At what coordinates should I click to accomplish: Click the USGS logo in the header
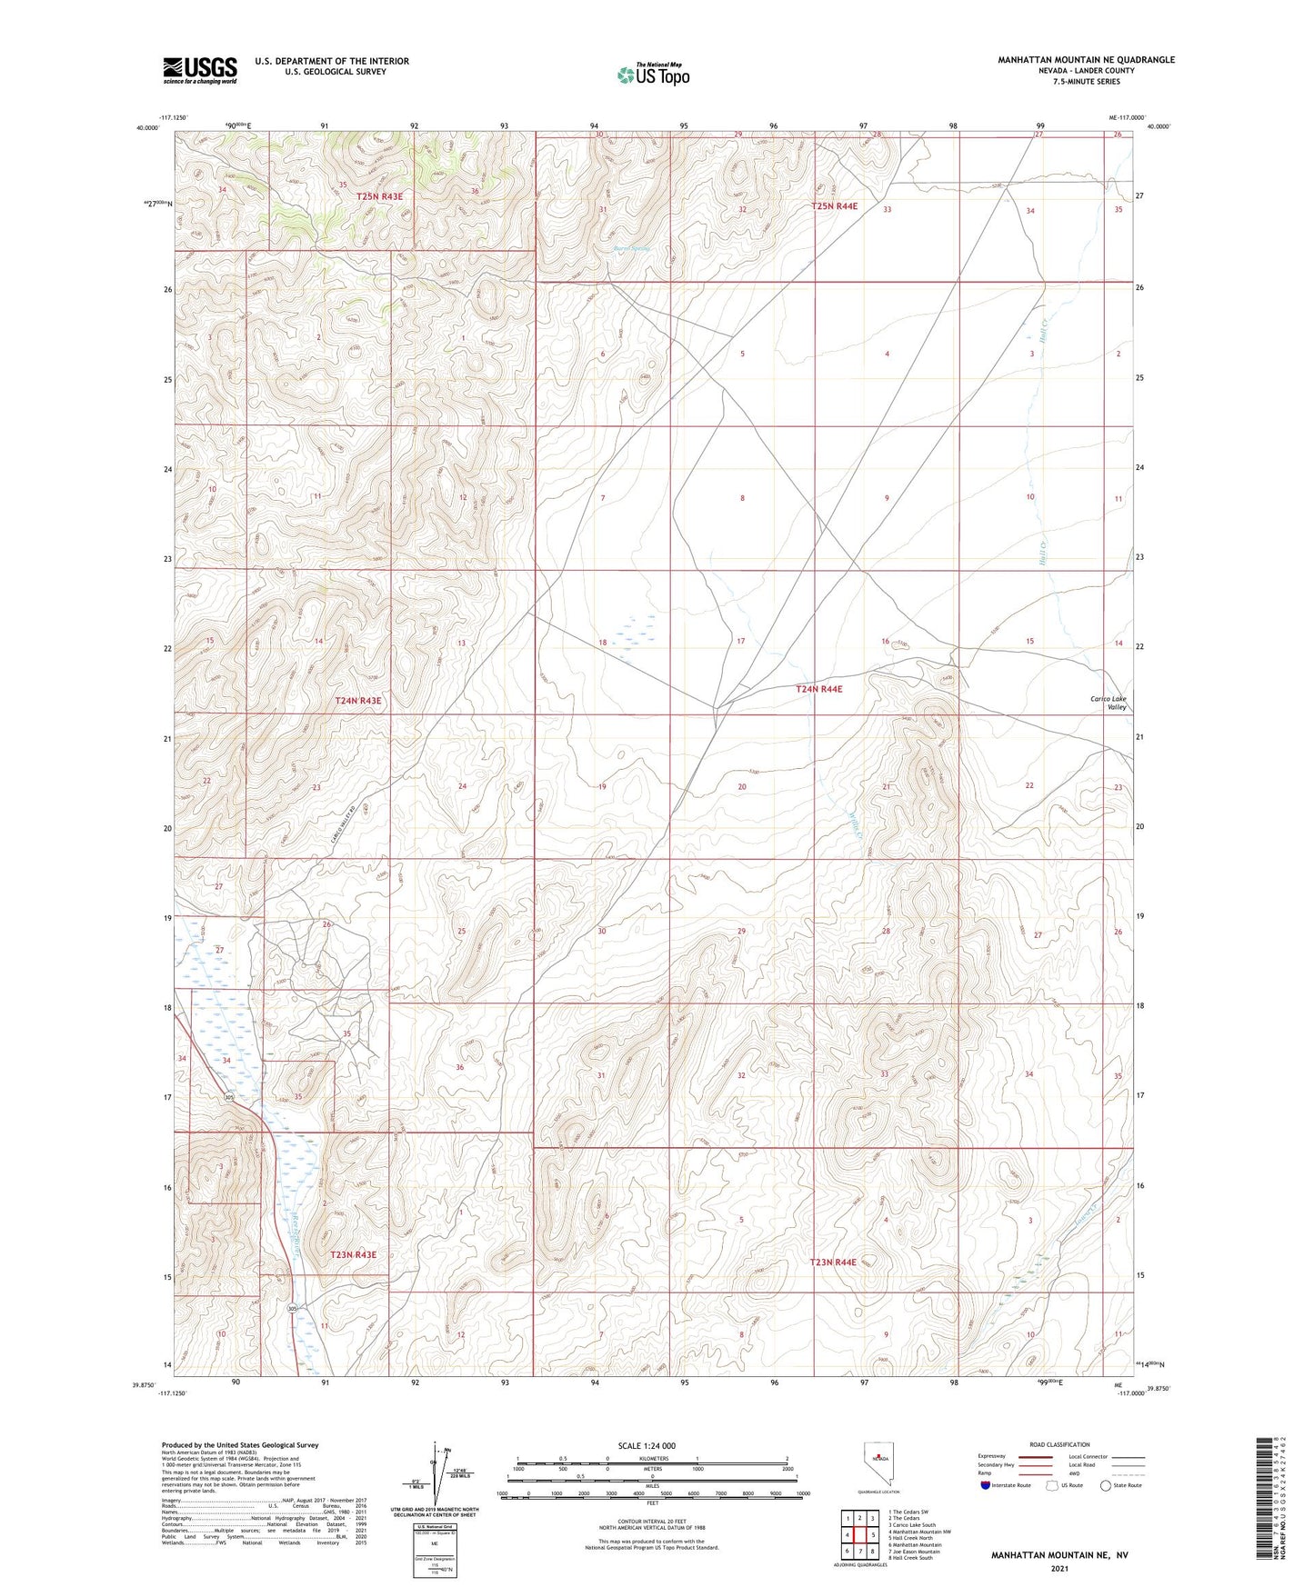click(200, 69)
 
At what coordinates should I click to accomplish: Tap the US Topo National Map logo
click(653, 75)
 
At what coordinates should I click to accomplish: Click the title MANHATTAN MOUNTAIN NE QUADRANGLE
click(1086, 60)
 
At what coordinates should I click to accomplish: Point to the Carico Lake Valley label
click(1108, 703)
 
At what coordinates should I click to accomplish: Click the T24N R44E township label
click(818, 690)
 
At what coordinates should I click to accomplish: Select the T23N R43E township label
click(353, 1254)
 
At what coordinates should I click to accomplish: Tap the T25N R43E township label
click(379, 196)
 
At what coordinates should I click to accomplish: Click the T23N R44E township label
click(833, 1262)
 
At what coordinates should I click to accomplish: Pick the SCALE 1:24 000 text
click(647, 1445)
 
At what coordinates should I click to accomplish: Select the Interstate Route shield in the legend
click(987, 1485)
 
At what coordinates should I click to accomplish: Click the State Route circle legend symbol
click(1106, 1485)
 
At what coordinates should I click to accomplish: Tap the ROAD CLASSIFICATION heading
click(1059, 1444)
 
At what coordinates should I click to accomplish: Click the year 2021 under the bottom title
click(1059, 1569)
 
